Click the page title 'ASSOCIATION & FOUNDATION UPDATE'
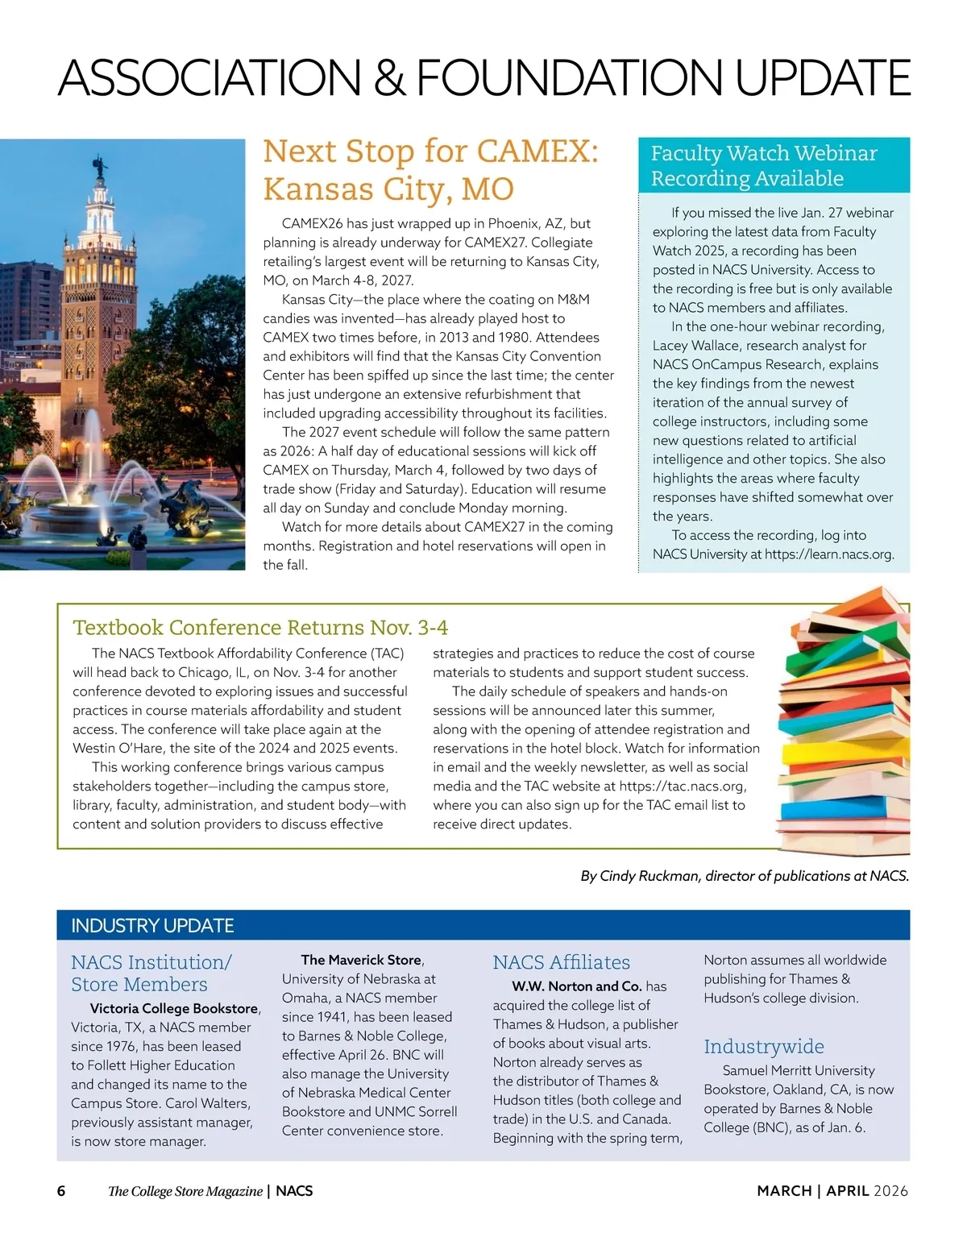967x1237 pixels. (x=483, y=78)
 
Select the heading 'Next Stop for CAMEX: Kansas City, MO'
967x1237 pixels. (x=430, y=170)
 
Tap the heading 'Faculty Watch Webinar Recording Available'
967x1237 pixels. (x=763, y=165)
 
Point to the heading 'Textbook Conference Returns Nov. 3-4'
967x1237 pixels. (x=260, y=627)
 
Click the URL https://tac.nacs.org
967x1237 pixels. (x=682, y=786)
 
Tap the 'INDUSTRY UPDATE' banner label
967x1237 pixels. (x=152, y=926)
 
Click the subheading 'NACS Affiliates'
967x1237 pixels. (x=561, y=962)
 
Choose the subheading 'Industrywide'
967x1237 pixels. (x=763, y=1046)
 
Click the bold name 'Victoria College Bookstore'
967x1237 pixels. (x=174, y=1008)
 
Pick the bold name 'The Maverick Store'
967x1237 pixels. (x=361, y=960)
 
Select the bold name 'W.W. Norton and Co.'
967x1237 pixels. (x=576, y=986)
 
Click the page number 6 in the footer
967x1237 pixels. (x=61, y=1191)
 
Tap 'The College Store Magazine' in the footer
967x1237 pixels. (x=185, y=1191)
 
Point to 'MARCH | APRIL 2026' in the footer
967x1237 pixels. (x=832, y=1191)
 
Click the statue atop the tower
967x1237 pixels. (x=101, y=168)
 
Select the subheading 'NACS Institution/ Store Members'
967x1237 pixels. (x=151, y=973)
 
